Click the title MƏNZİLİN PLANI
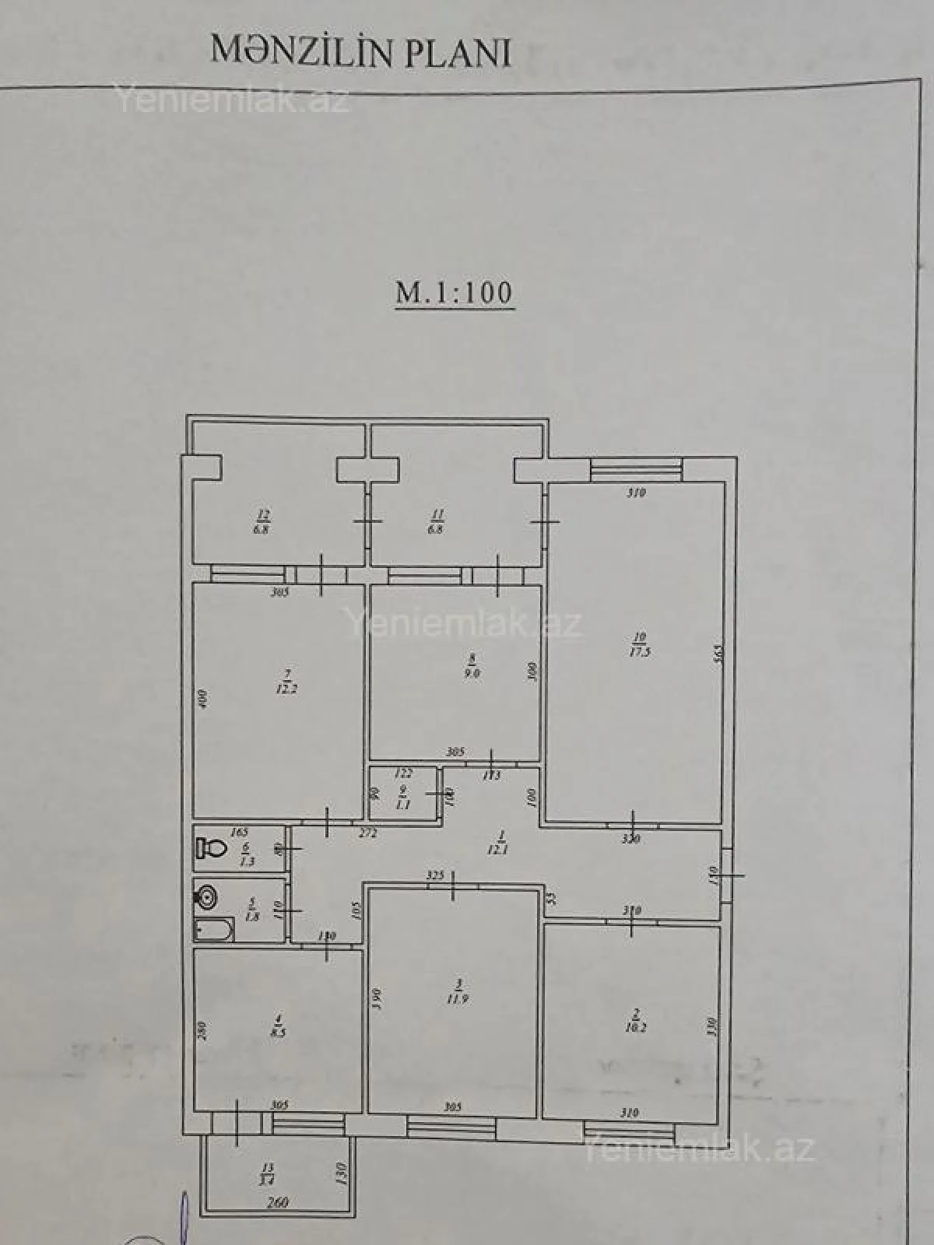(x=360, y=51)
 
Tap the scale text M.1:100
(x=455, y=293)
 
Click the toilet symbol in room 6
(x=212, y=847)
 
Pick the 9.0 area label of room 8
(x=472, y=674)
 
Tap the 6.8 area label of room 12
(x=262, y=529)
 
